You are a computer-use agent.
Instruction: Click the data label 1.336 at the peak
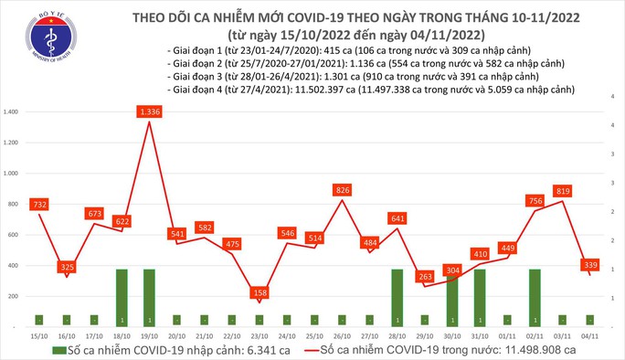pyautogui.click(x=150, y=111)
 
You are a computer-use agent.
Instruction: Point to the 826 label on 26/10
pyautogui.click(x=343, y=189)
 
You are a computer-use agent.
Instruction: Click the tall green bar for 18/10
pyautogui.click(x=122, y=297)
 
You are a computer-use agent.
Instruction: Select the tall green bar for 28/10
pyautogui.click(x=398, y=297)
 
